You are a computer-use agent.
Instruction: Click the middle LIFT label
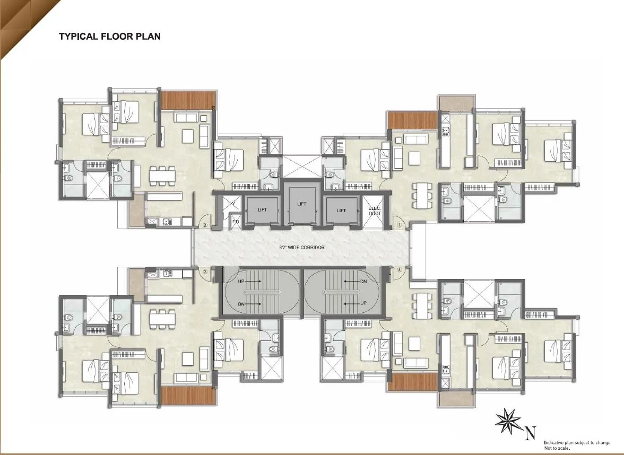point(301,204)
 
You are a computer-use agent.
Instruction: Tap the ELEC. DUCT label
point(375,211)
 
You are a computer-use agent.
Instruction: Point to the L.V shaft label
point(231,204)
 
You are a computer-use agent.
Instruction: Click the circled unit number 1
point(400,225)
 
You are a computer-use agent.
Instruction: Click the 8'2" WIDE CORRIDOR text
point(301,248)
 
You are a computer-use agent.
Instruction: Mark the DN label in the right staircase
point(363,282)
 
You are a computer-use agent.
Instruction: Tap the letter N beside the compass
point(530,434)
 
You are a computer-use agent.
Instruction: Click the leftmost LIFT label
point(262,210)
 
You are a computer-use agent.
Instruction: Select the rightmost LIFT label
point(341,211)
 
